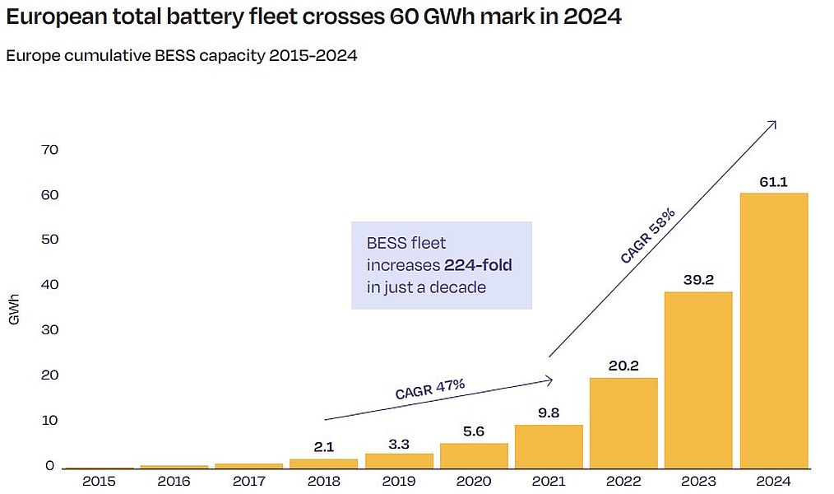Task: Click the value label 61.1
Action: (x=774, y=182)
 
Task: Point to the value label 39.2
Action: (x=698, y=280)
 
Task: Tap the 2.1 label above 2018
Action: (x=324, y=447)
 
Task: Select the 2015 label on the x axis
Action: (x=99, y=481)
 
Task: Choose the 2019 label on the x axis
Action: (x=399, y=481)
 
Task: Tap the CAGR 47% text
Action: (x=430, y=389)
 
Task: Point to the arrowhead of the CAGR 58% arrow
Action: (x=773, y=123)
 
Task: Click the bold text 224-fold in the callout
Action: (x=478, y=265)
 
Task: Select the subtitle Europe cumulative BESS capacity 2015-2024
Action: (x=181, y=56)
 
